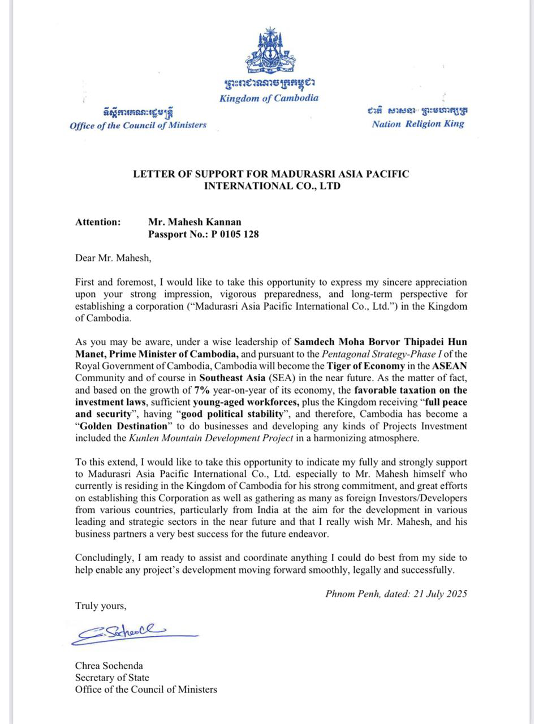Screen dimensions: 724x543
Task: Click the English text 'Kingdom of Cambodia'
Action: pyautogui.click(x=269, y=98)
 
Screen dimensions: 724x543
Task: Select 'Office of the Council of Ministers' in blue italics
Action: pyautogui.click(x=138, y=125)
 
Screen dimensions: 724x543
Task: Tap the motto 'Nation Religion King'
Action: pyautogui.click(x=418, y=124)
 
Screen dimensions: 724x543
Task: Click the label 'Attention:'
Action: pyautogui.click(x=98, y=222)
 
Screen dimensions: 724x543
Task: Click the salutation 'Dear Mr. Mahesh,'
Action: pyautogui.click(x=114, y=258)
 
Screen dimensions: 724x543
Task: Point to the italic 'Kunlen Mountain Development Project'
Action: pyautogui.click(x=211, y=437)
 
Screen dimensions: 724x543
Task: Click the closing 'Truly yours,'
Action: pyautogui.click(x=101, y=606)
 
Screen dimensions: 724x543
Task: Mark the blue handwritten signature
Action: pyautogui.click(x=130, y=634)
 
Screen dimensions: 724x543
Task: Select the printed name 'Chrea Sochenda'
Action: pyautogui.click(x=109, y=665)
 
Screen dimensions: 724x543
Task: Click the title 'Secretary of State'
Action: pyautogui.click(x=112, y=677)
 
